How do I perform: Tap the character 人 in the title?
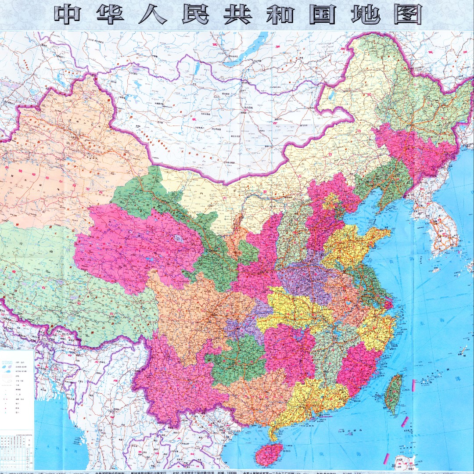[x=152, y=14]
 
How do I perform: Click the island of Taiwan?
[x=393, y=393]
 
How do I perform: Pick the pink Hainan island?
[x=268, y=454]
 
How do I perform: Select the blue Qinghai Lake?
[x=179, y=239]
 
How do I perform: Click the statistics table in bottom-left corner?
[x=17, y=452]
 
